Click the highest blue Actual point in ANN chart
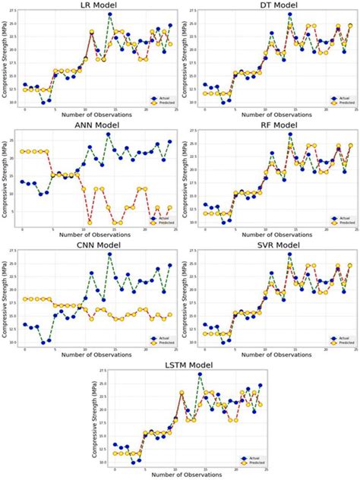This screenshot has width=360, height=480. pos(109,134)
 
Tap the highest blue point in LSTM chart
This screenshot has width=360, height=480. pos(200,374)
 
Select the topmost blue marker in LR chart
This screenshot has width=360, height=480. pos(109,14)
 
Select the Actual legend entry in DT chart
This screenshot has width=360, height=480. pos(342,98)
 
